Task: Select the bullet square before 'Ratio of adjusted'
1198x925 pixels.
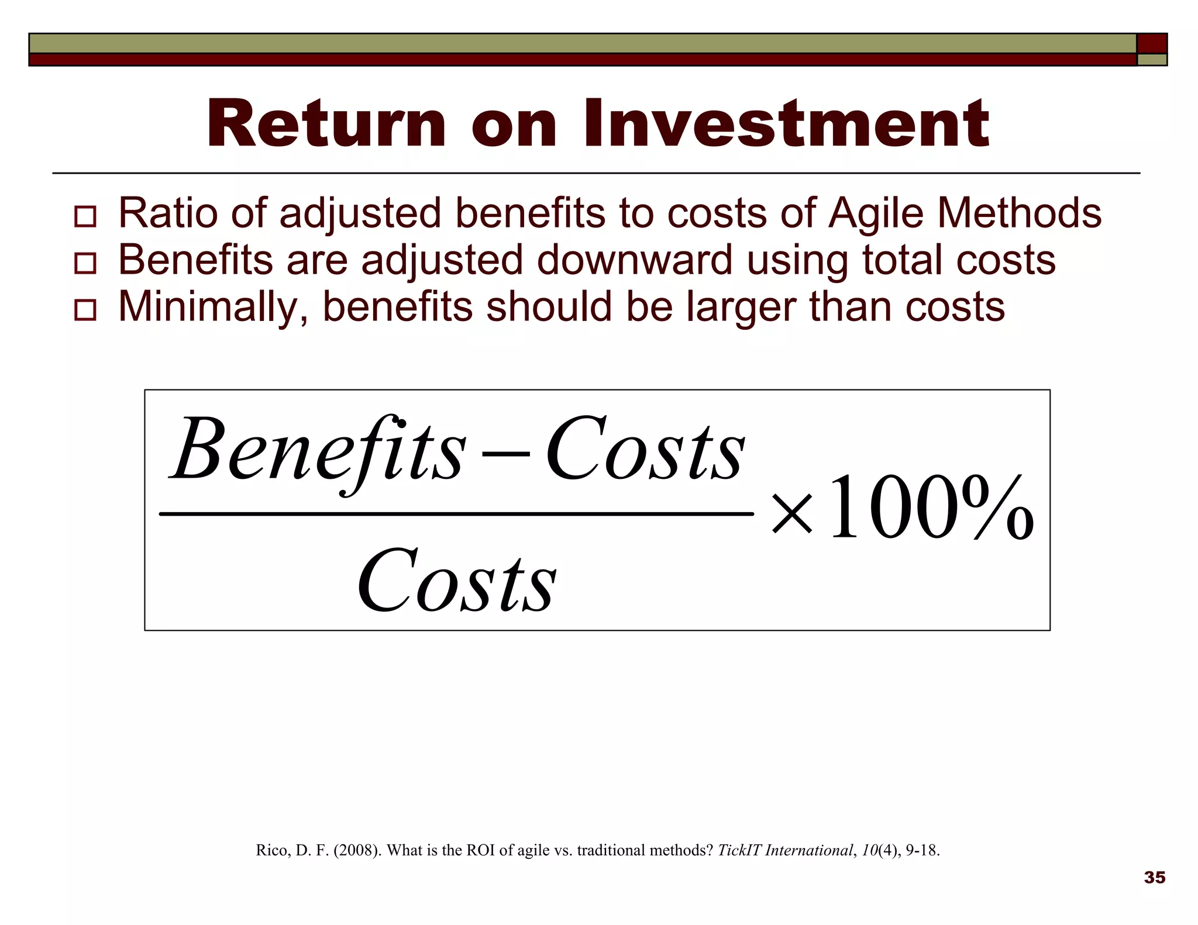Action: point(85,216)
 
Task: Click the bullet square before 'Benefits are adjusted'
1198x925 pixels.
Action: point(85,263)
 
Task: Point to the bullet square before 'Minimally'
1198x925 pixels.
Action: point(85,310)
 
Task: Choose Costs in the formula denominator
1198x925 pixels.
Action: point(457,582)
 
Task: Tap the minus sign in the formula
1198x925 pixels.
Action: point(506,453)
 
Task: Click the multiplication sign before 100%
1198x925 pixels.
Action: point(792,514)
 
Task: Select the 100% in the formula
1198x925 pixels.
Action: point(930,508)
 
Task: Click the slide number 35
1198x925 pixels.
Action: point(1155,878)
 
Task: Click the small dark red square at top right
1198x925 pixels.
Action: point(1152,44)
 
